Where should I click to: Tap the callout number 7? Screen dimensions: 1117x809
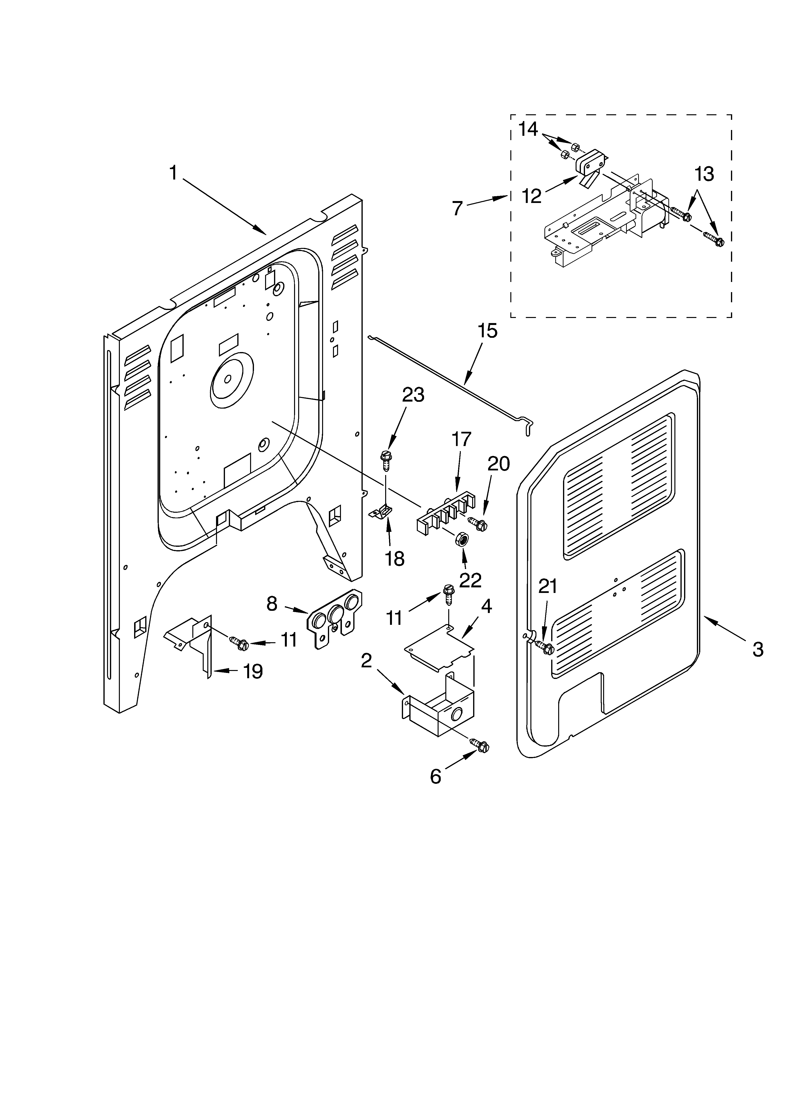(457, 209)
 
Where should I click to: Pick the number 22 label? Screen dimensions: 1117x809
(470, 581)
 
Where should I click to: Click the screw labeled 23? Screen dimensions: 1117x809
(385, 460)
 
